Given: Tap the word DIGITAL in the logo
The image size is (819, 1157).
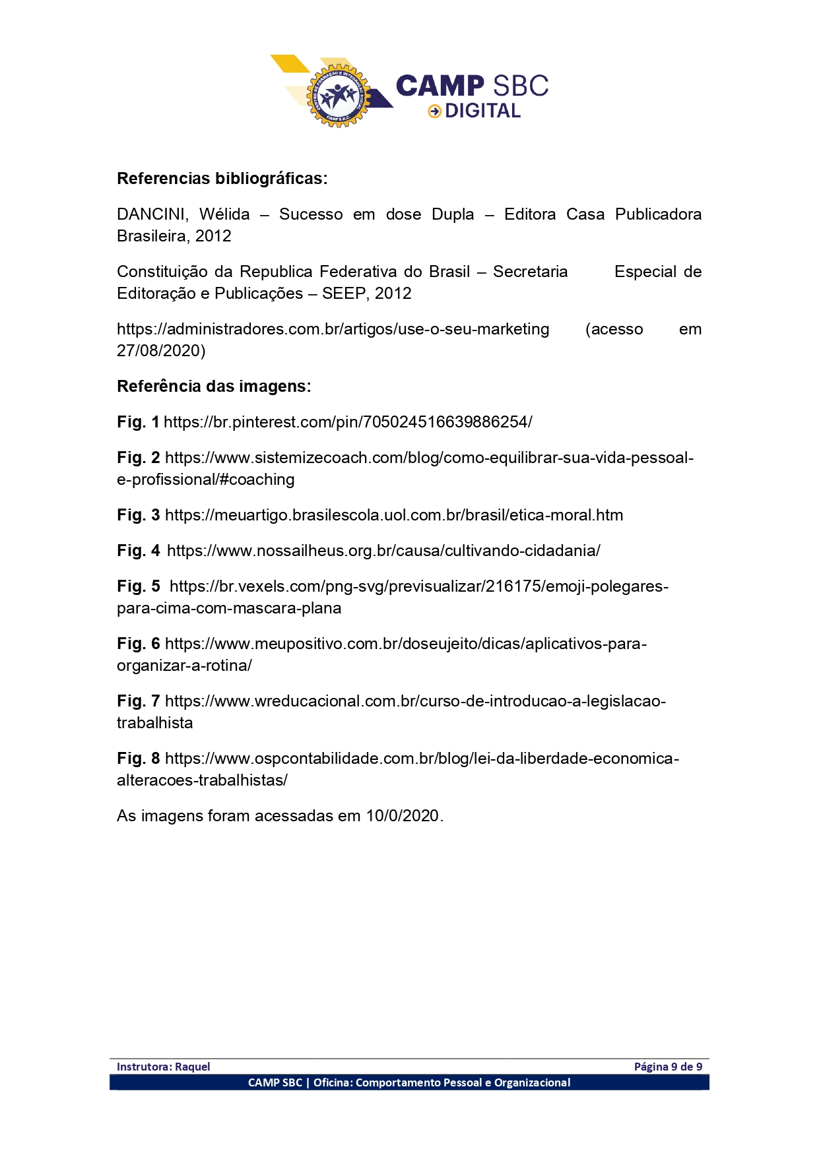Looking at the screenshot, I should click(x=482, y=111).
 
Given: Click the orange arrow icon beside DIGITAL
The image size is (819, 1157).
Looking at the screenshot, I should click(x=434, y=111).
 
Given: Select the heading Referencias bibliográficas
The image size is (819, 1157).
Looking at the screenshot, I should click(x=222, y=179).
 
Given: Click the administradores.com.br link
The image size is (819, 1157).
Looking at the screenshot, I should click(x=333, y=329).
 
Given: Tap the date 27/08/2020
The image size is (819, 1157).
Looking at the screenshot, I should click(x=161, y=351).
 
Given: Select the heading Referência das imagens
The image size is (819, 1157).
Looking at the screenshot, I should click(x=214, y=387).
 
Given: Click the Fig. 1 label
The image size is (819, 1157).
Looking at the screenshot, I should click(x=138, y=422).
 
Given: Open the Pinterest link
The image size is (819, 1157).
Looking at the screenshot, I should click(x=348, y=422).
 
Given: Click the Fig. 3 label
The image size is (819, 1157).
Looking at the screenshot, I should click(x=138, y=515).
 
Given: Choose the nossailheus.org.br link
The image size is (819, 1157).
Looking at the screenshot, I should click(x=383, y=551).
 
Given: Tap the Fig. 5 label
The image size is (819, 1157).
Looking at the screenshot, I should click(x=138, y=586).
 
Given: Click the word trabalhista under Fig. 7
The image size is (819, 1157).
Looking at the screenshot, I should click(x=155, y=723).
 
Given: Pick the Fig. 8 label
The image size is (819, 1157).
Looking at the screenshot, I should click(x=138, y=759).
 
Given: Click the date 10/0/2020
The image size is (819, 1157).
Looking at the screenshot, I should click(x=403, y=816).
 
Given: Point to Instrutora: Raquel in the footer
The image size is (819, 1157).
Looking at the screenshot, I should click(x=163, y=1067).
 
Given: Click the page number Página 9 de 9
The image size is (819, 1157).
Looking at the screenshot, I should click(x=668, y=1067).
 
